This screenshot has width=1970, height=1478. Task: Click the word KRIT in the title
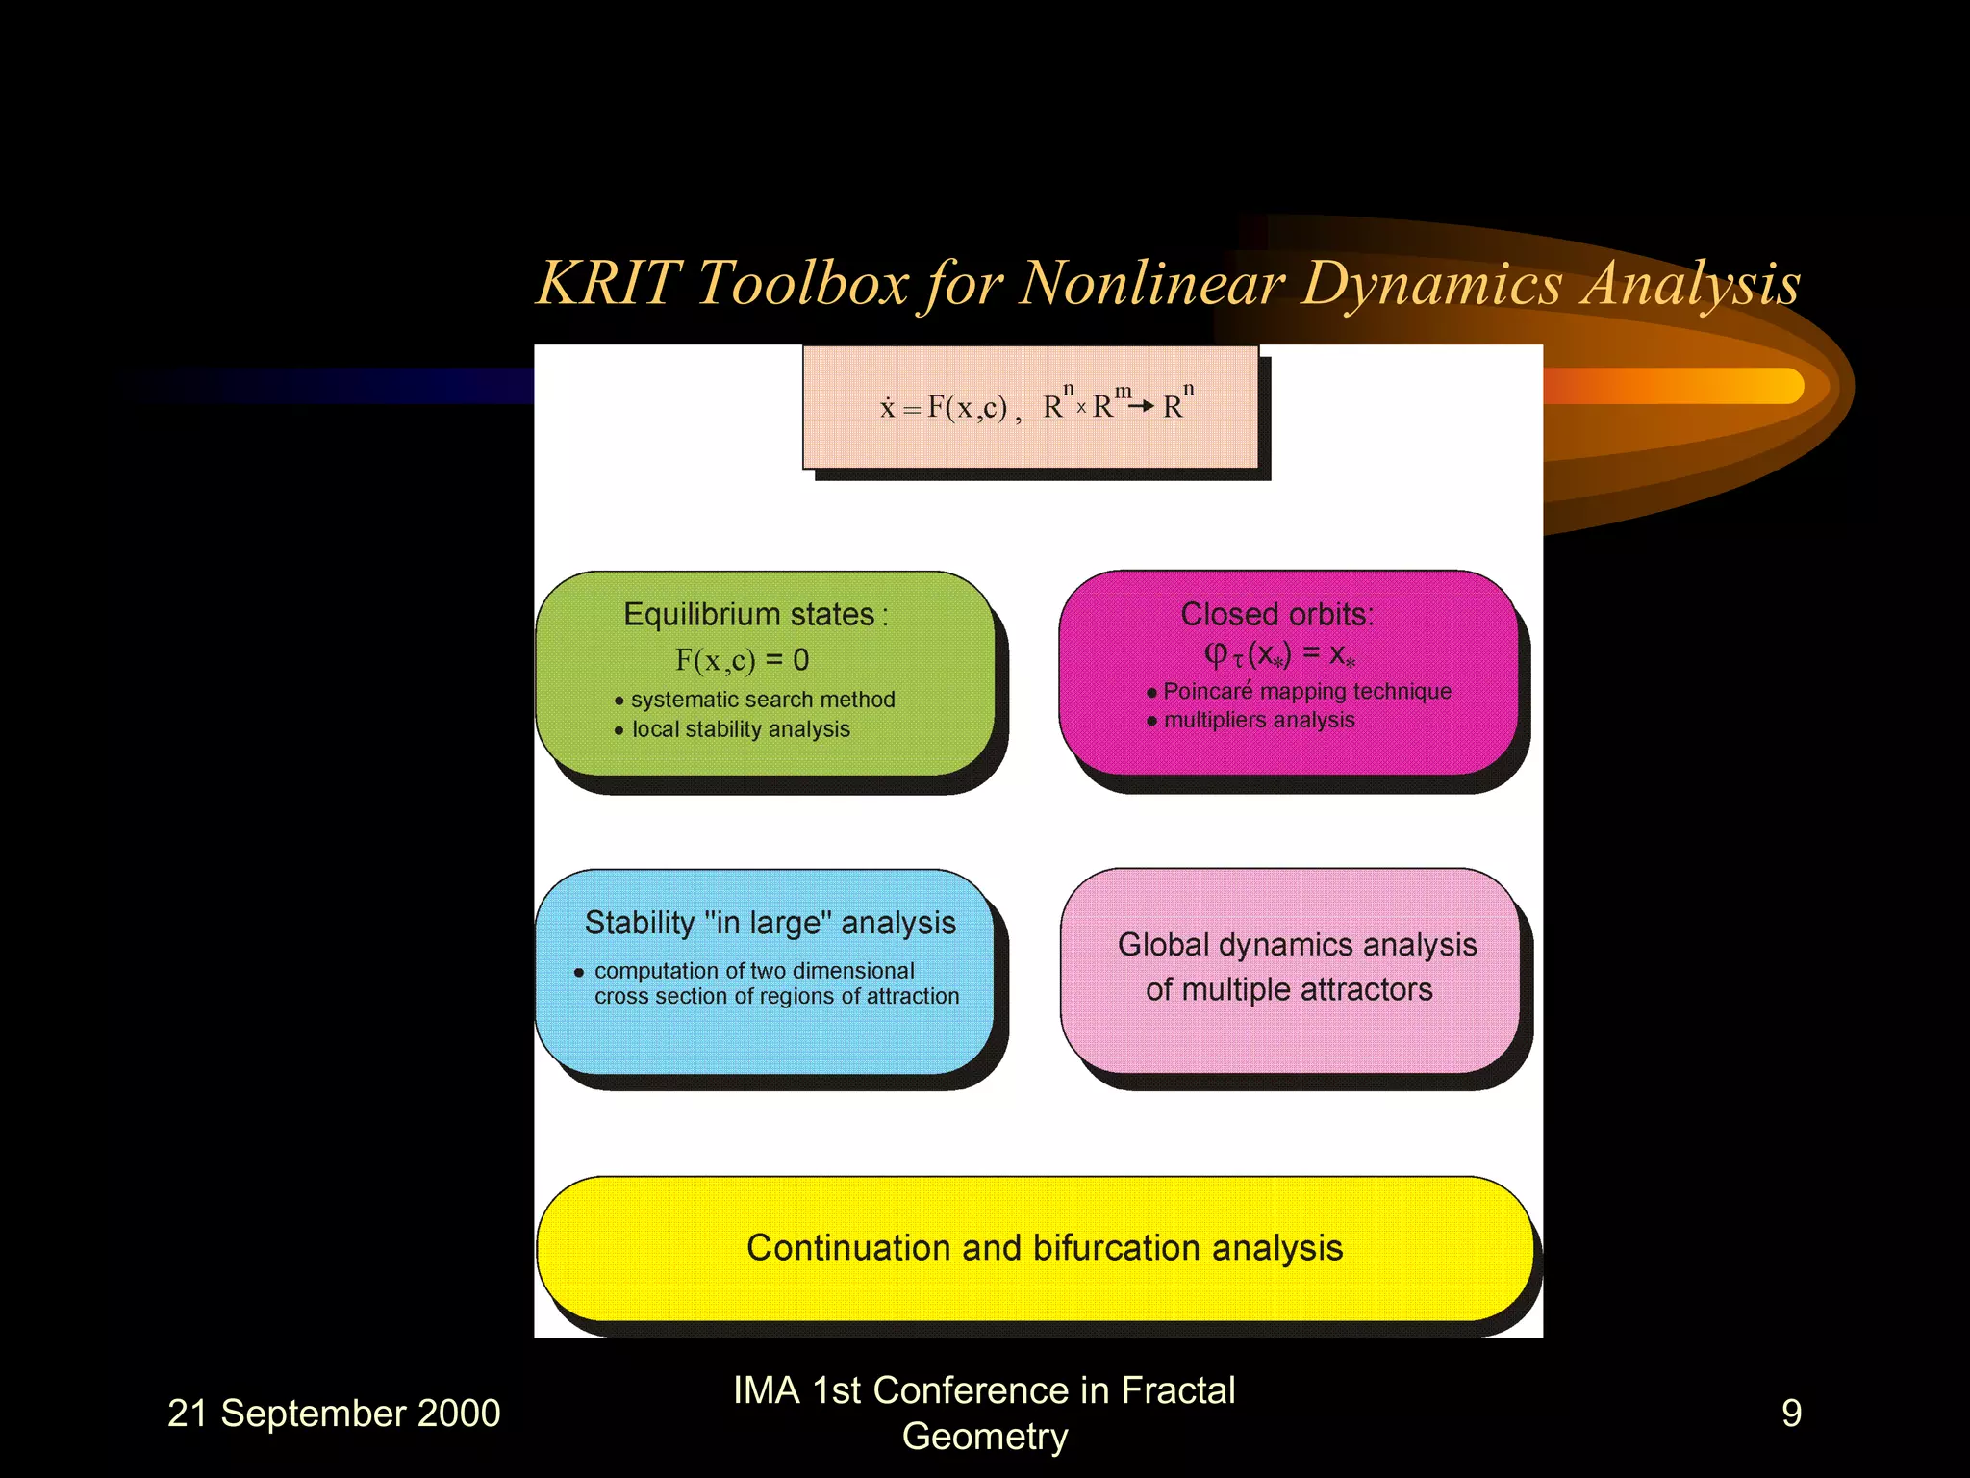click(x=608, y=284)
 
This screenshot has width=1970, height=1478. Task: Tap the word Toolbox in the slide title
click(x=801, y=284)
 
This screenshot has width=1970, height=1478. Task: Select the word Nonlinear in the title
click(x=1151, y=284)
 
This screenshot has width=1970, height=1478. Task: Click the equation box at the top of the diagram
click(x=1031, y=407)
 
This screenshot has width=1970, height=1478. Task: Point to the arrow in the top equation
click(x=1141, y=407)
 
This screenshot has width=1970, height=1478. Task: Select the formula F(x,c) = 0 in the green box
click(x=742, y=660)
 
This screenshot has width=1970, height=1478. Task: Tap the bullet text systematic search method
click(x=763, y=700)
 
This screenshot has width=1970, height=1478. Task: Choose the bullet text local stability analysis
click(x=741, y=729)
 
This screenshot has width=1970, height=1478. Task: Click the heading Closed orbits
click(x=1276, y=614)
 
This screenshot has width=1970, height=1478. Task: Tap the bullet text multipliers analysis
click(x=1259, y=720)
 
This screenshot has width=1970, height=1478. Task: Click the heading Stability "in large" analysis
click(x=770, y=923)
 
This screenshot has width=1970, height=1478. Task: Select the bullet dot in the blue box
click(x=579, y=973)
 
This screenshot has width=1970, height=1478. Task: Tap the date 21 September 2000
click(x=334, y=1414)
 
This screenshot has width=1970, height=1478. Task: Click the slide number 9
click(x=1791, y=1414)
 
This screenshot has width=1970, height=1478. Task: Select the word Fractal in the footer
click(x=1177, y=1391)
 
